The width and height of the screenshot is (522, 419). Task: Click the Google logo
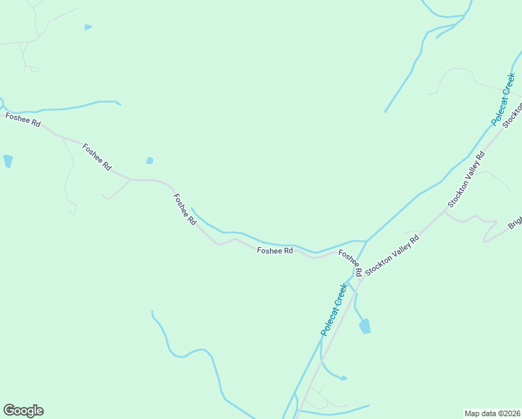click(23, 411)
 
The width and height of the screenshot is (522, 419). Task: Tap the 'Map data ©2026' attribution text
click(493, 413)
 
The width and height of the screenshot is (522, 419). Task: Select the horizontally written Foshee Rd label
click(274, 251)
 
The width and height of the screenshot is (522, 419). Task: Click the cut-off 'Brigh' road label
click(515, 221)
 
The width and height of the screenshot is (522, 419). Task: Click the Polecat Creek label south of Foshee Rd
click(334, 309)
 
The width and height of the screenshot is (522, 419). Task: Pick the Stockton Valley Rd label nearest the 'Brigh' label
click(465, 179)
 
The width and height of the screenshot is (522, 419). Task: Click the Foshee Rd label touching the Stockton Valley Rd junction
click(350, 262)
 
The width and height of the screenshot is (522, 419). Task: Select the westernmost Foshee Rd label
click(22, 119)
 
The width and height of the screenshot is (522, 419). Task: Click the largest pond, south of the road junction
click(364, 326)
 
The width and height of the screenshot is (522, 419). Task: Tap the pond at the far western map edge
click(8, 161)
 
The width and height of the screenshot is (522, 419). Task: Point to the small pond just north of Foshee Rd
click(149, 161)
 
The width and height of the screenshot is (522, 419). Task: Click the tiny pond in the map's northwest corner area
click(88, 27)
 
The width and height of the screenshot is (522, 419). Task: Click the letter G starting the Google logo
click(10, 411)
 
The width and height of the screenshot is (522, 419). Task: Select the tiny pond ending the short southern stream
click(343, 378)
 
